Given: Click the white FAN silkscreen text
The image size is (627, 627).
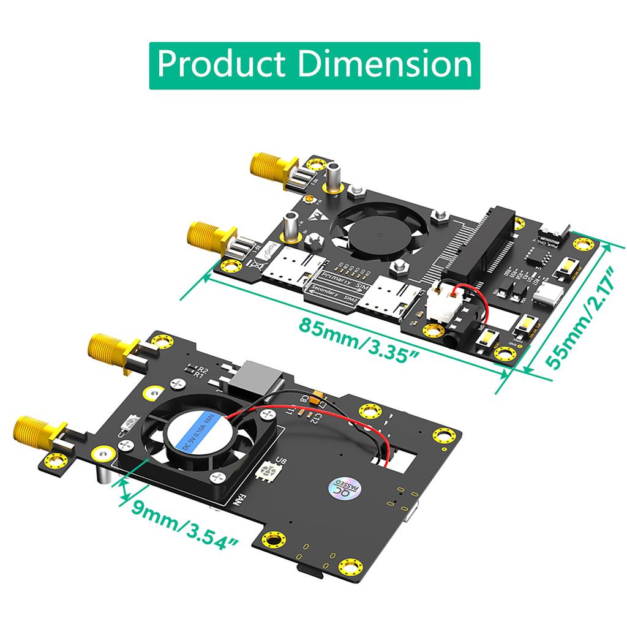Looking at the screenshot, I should tap(241, 500).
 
